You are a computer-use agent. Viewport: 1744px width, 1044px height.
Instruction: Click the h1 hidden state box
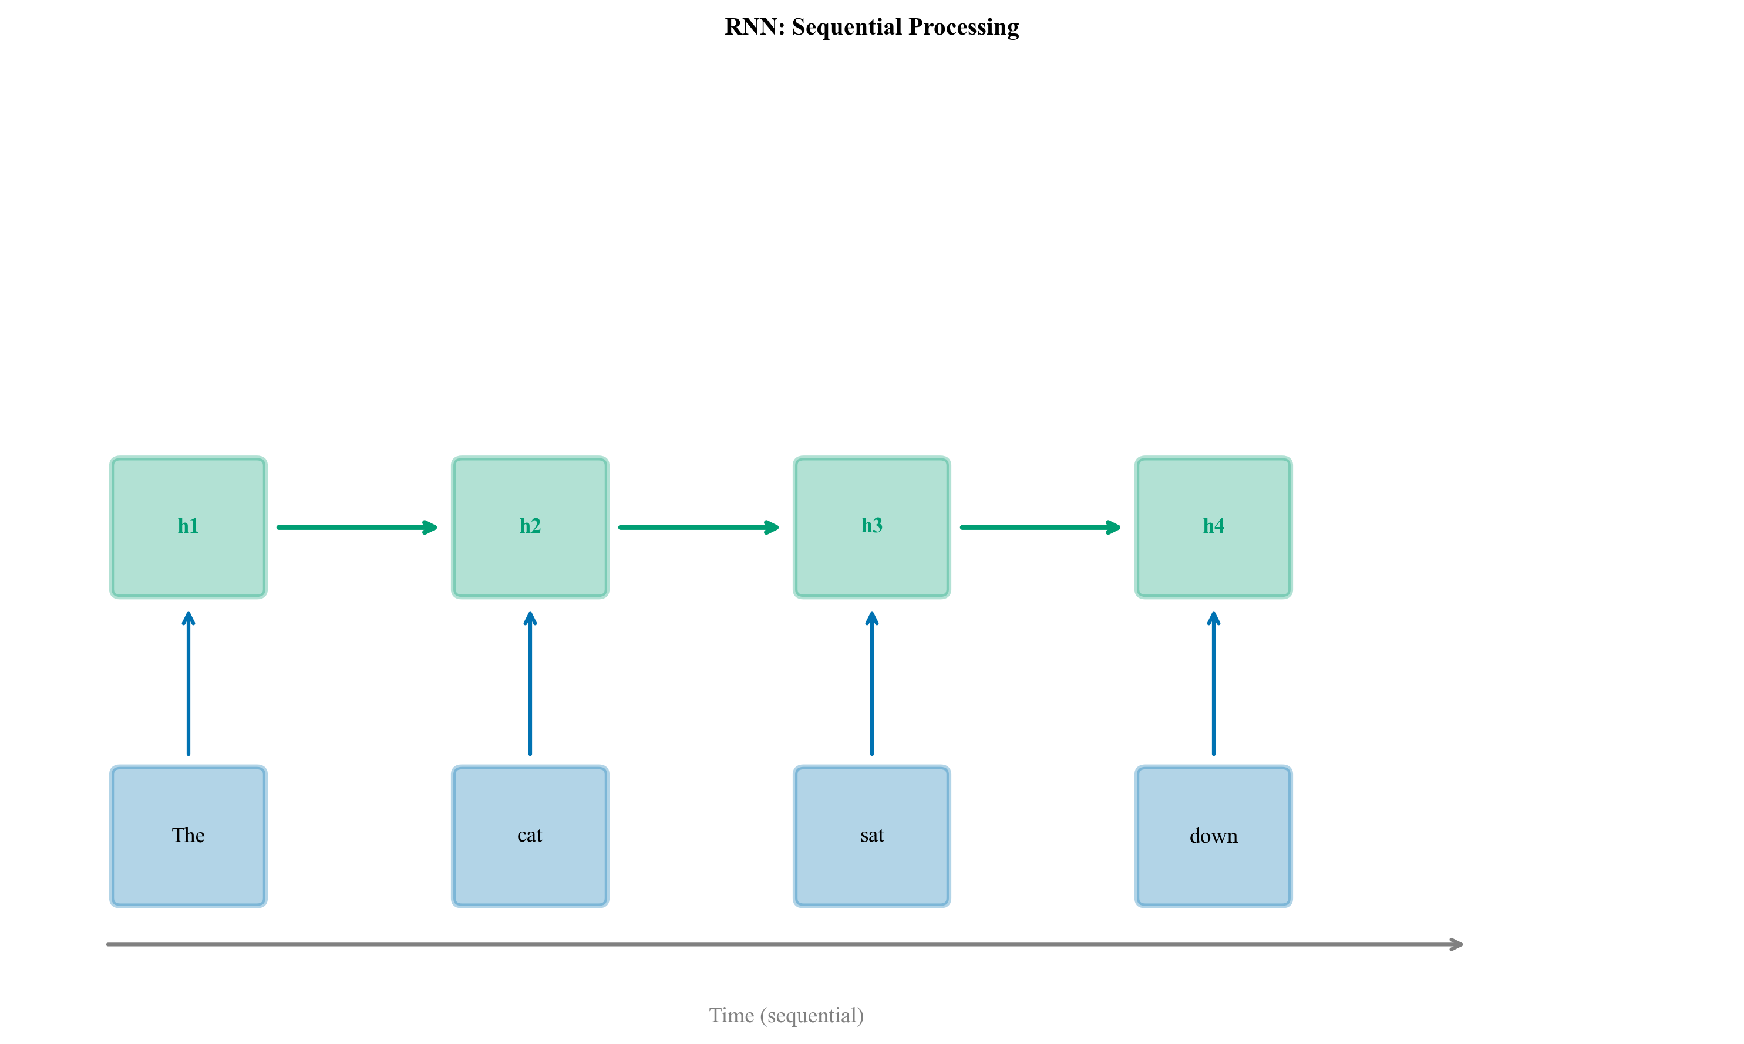click(x=188, y=527)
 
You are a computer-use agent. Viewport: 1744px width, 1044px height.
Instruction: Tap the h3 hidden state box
click(x=871, y=527)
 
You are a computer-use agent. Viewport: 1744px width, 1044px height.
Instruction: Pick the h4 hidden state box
click(x=1213, y=527)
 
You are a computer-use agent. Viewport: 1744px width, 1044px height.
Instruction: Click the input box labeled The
click(x=188, y=836)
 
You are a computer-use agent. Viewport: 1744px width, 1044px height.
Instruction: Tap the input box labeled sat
click(x=871, y=836)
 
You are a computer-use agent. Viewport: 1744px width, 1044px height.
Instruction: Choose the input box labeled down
click(x=1213, y=836)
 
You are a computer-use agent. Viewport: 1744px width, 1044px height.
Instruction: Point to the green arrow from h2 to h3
click(x=698, y=527)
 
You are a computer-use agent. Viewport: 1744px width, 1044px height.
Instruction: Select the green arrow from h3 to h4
click(x=1039, y=527)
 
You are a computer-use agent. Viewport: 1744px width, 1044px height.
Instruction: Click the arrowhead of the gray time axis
click(x=1456, y=944)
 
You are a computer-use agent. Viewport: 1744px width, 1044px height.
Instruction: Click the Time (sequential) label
click(x=786, y=1015)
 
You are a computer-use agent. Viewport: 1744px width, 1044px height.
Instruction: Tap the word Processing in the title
click(x=964, y=27)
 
